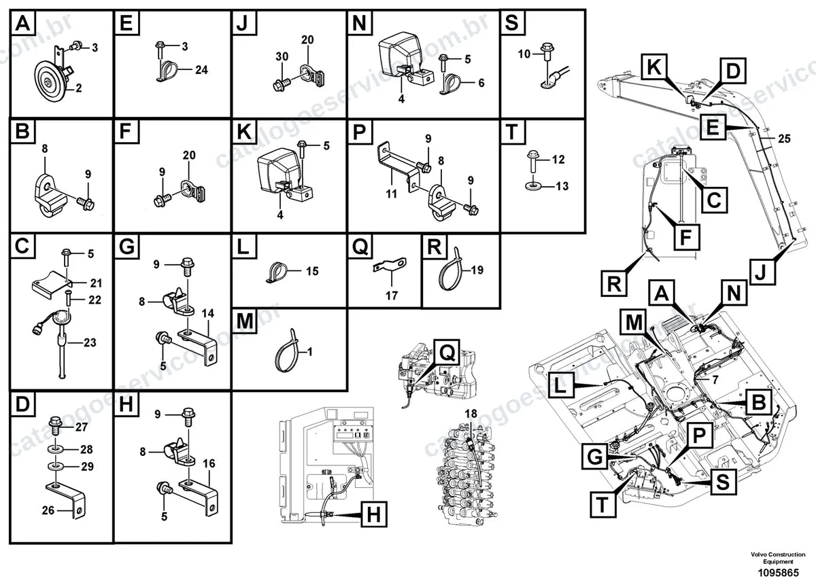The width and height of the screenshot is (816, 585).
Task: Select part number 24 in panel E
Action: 201,69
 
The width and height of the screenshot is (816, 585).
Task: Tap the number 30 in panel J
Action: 282,56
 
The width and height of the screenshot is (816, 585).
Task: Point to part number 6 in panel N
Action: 481,83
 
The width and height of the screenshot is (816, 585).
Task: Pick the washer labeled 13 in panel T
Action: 533,186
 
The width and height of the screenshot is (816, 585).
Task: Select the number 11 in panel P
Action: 392,194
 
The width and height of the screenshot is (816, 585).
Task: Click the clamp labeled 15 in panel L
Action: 277,272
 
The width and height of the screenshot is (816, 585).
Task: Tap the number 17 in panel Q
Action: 392,296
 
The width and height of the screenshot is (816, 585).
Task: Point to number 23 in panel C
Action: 90,342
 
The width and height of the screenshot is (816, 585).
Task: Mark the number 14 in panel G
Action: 208,313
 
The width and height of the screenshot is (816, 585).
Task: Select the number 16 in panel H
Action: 209,463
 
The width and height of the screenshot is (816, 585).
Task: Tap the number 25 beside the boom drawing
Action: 784,139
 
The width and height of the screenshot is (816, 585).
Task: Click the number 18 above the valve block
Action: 471,413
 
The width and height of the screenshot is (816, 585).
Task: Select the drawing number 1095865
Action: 779,573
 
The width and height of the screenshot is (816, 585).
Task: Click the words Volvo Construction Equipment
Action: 778,558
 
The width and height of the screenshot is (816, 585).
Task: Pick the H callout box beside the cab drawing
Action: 374,515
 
